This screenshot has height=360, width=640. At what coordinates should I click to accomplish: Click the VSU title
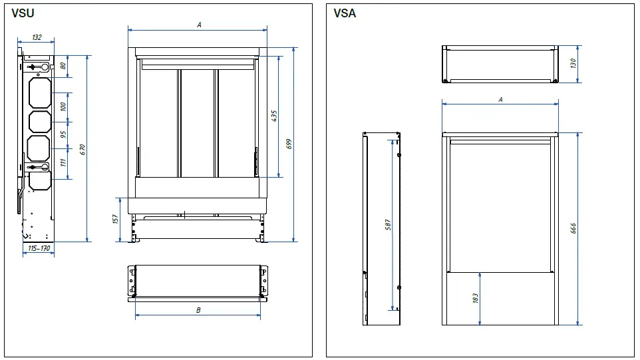click(23, 13)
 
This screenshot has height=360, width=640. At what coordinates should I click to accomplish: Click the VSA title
click(345, 13)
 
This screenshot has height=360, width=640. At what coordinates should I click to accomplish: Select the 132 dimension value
click(37, 38)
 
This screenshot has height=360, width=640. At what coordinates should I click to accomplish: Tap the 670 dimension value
click(82, 149)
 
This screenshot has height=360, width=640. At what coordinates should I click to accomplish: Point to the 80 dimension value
click(63, 65)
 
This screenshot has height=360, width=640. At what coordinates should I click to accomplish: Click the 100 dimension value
click(63, 107)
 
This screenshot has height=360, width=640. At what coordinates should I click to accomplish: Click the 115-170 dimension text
click(39, 249)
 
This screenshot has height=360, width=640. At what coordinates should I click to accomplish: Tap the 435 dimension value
click(274, 115)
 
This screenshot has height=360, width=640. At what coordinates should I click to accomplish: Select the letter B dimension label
click(198, 310)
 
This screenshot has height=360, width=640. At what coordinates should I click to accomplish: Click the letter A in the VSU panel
click(198, 25)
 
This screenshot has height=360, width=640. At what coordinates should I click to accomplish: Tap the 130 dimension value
click(573, 63)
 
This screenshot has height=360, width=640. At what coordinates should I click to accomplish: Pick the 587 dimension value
click(388, 224)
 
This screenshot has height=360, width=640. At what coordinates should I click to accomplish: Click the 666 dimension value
click(573, 228)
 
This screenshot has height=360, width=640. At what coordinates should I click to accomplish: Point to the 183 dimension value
click(475, 299)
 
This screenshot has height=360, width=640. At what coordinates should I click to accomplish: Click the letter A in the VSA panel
click(500, 99)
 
